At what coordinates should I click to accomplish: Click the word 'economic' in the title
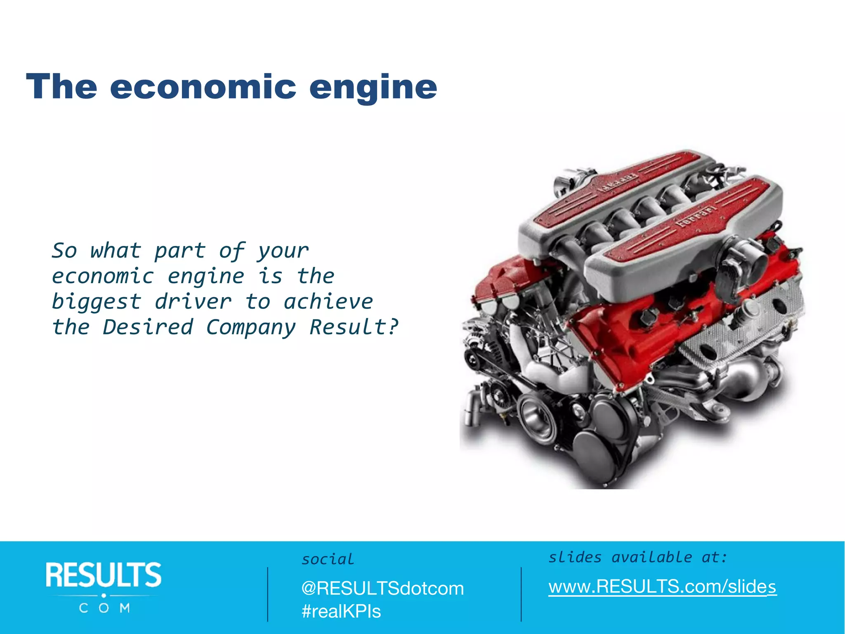pos(203,87)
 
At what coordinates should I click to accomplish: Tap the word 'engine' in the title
pos(373,88)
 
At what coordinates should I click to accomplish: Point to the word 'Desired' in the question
pos(148,327)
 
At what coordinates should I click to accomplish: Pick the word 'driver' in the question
pos(193,302)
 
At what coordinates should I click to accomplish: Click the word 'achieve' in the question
pos(328,302)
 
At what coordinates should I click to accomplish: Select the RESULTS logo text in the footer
pos(104,575)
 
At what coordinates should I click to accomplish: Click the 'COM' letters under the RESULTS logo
pos(104,608)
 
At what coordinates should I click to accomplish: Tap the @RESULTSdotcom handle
pos(382,588)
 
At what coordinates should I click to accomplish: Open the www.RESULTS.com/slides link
pos(662,587)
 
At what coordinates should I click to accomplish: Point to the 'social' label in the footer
pos(328,559)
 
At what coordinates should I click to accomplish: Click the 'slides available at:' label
pos(637,558)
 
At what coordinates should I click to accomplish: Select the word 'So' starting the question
pos(64,251)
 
